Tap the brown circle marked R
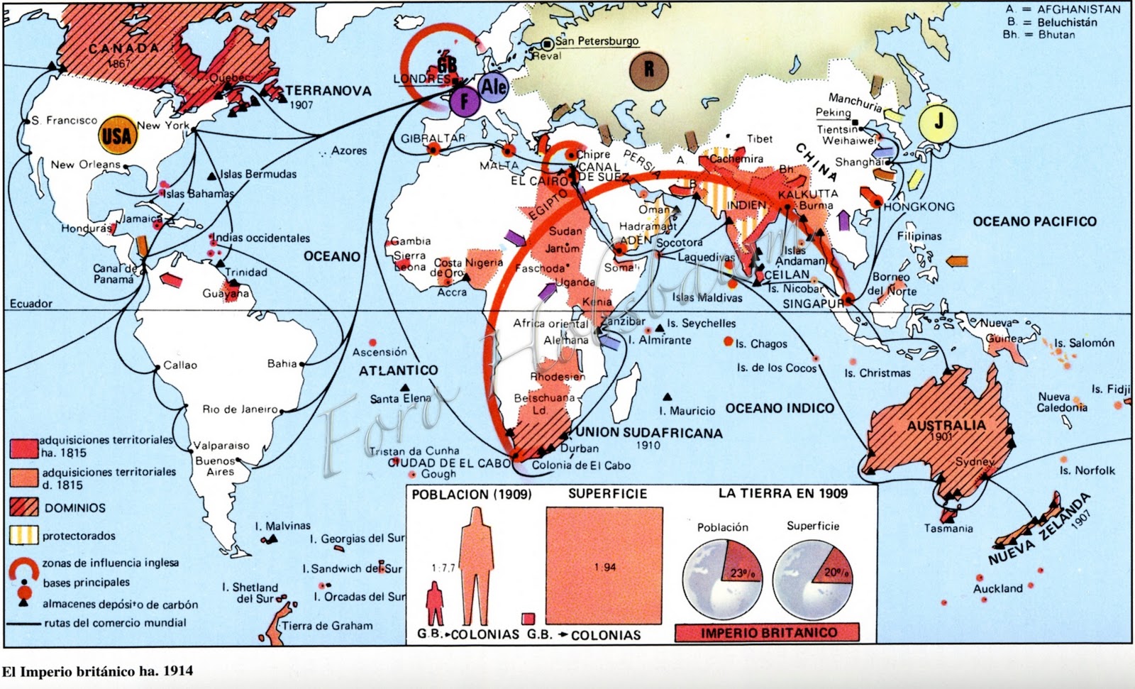(648, 70)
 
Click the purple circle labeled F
(465, 101)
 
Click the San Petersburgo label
(597, 41)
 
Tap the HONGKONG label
(919, 206)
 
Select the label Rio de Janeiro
(240, 409)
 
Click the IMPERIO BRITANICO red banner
(769, 632)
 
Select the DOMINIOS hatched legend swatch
(24, 507)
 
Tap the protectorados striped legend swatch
(24, 535)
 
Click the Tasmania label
(948, 528)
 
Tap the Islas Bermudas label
(258, 174)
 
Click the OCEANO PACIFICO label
(1034, 221)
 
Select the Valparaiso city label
(221, 446)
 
